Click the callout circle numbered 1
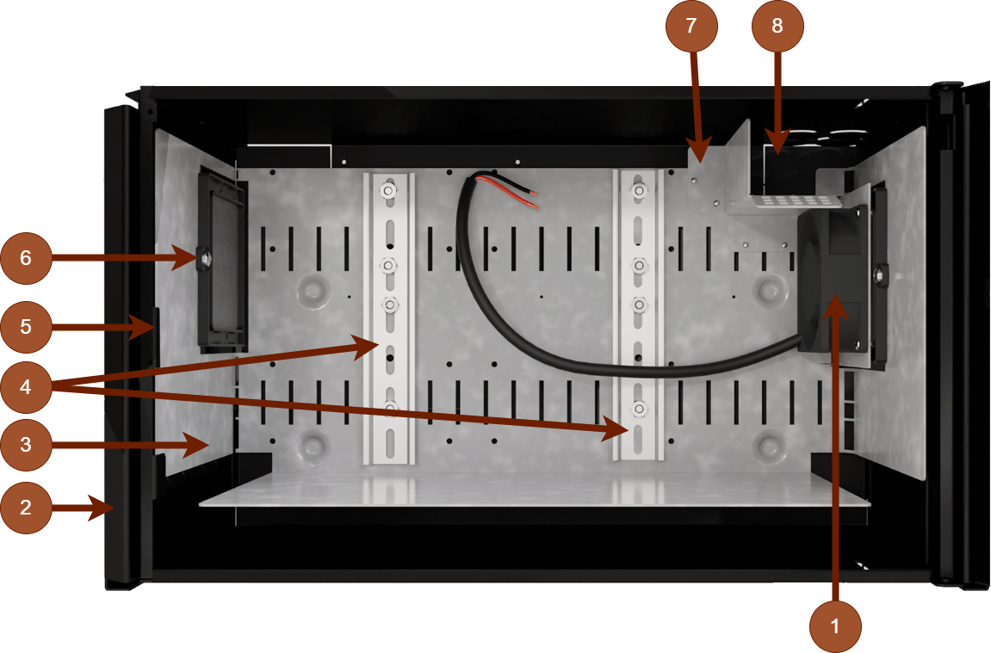(x=835, y=626)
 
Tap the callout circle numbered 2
(x=26, y=508)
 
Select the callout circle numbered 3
(x=26, y=445)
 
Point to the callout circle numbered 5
(x=26, y=327)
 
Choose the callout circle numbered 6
(x=26, y=257)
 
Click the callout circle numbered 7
(x=691, y=26)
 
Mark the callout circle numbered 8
(x=777, y=26)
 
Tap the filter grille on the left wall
(x=223, y=258)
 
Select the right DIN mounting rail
(x=638, y=318)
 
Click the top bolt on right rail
(x=638, y=190)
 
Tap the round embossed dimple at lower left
(x=313, y=445)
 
